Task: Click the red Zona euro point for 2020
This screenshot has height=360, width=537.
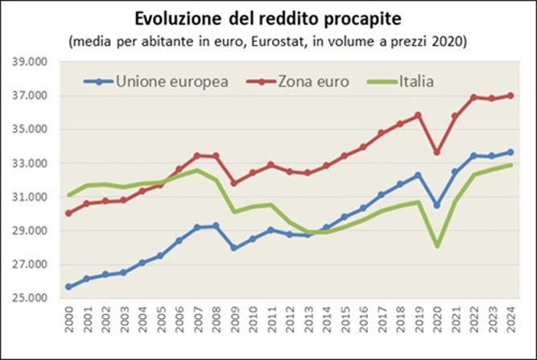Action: coord(437,152)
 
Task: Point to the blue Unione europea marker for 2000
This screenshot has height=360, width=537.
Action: coord(69,287)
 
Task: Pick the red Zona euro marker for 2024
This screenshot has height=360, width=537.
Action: coord(511,96)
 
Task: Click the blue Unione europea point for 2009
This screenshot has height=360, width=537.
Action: coord(235,248)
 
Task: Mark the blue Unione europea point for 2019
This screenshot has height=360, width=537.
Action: coord(419,175)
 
